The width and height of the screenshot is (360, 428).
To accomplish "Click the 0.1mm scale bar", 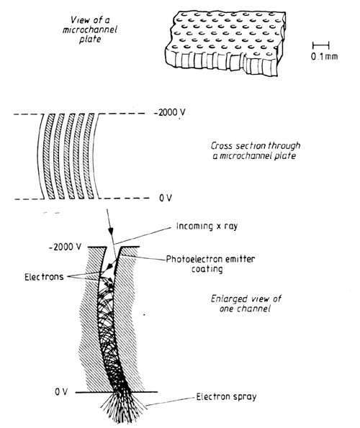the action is click(x=320, y=45).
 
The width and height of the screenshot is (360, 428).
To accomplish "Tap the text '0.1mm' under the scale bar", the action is click(x=324, y=57).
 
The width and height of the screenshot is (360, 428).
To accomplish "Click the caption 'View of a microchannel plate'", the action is click(x=89, y=29).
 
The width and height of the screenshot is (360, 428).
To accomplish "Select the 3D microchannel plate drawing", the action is click(x=225, y=43).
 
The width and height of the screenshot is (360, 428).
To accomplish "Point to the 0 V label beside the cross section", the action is click(x=166, y=198).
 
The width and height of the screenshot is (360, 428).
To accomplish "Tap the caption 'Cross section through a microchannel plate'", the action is click(x=256, y=150).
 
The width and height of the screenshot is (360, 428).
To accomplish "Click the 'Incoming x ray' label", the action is click(x=207, y=227).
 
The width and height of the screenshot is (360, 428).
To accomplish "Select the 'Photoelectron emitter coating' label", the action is click(x=210, y=264).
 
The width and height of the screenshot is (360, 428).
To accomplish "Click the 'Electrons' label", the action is click(x=44, y=277).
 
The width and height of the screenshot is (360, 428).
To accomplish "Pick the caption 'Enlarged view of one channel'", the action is click(x=246, y=304).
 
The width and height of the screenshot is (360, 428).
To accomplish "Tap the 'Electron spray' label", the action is click(x=226, y=396).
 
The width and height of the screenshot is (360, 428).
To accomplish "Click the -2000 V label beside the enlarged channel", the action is click(x=65, y=247).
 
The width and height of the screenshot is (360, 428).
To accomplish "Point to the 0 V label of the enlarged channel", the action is click(x=61, y=392).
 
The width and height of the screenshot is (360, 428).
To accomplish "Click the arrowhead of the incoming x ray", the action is click(x=111, y=232).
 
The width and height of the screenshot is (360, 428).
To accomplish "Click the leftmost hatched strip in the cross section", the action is click(x=50, y=156).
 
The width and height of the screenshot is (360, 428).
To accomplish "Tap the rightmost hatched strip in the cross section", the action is click(x=89, y=156).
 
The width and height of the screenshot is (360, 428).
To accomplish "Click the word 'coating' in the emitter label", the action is click(x=207, y=269).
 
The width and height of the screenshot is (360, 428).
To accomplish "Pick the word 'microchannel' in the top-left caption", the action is click(x=89, y=29).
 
